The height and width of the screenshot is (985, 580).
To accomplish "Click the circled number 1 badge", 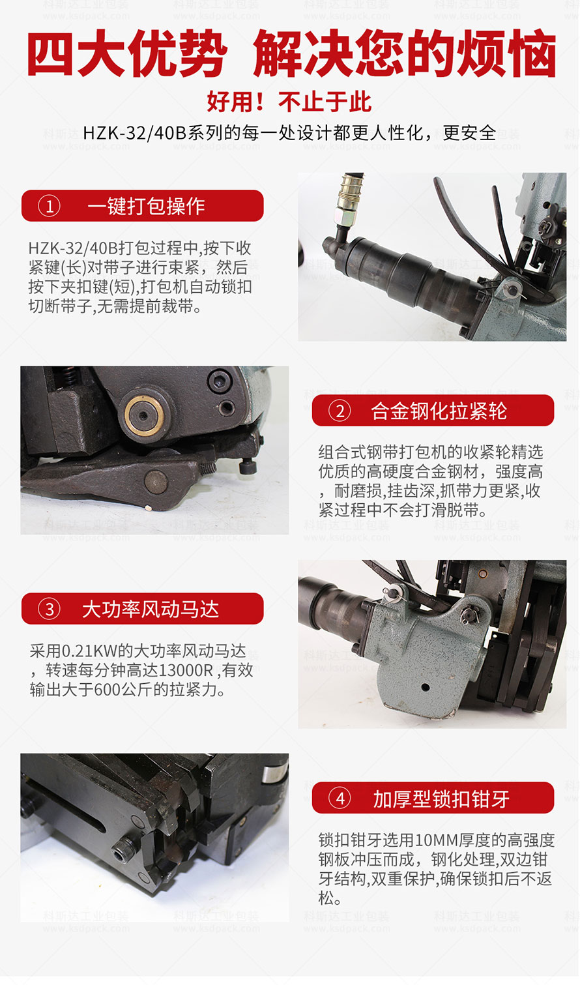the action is [50, 206].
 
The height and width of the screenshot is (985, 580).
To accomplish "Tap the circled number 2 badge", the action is [340, 411].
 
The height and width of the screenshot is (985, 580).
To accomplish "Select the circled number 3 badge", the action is [50, 609].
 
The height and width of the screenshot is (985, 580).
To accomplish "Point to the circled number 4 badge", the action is [340, 798].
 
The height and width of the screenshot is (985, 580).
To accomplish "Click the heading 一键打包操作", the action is [146, 206].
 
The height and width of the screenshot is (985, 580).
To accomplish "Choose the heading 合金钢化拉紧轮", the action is [439, 411].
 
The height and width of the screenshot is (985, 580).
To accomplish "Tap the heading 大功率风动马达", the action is [151, 609].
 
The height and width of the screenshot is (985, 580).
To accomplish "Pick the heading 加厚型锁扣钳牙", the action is [441, 799].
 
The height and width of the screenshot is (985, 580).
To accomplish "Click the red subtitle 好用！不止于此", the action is [289, 102].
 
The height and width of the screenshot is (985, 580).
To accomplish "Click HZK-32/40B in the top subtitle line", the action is [135, 133].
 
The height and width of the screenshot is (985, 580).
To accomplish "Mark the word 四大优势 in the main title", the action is [128, 53].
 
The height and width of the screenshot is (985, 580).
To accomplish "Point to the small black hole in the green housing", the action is [425, 687].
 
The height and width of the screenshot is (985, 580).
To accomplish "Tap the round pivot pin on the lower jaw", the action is [156, 482].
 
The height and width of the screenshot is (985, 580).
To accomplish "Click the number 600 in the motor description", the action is [106, 690].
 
